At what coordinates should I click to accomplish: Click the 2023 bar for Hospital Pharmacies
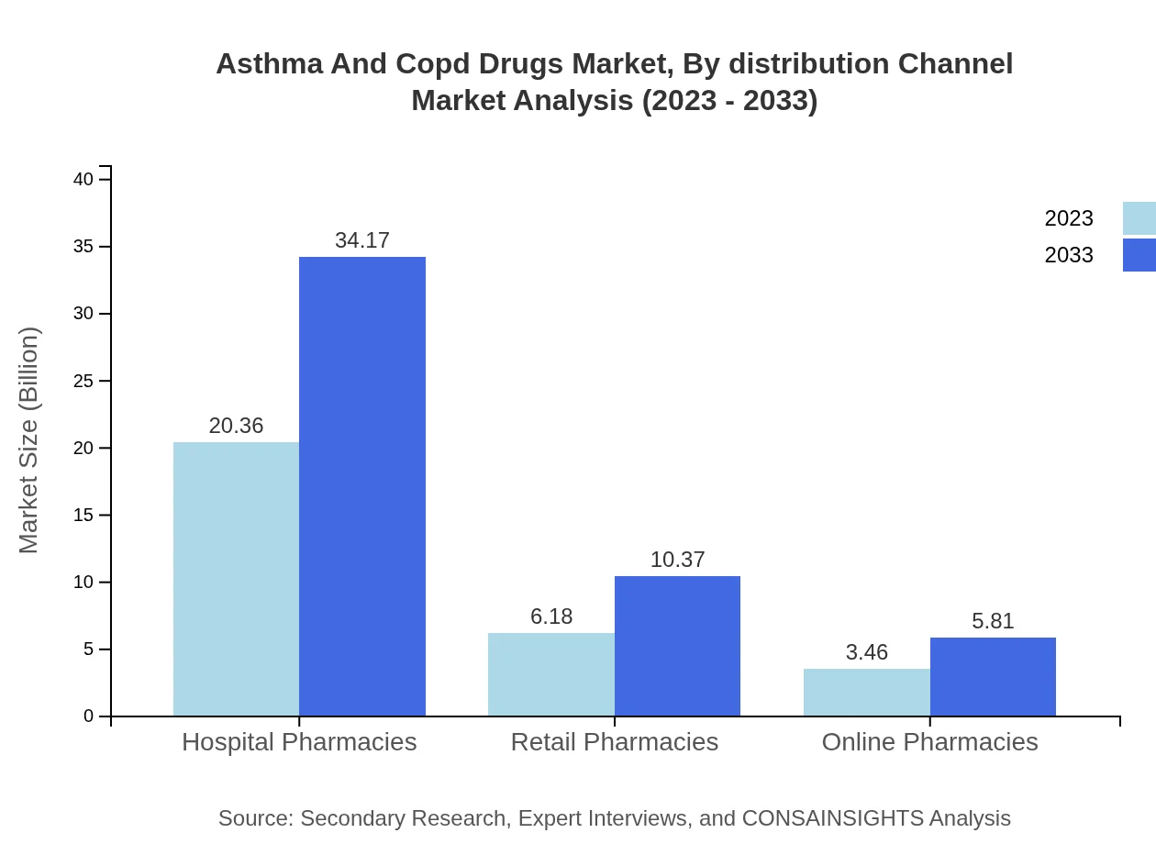tap(236, 579)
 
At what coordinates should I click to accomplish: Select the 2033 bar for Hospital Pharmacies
tap(362, 486)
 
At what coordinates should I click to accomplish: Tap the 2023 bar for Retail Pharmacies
tap(550, 674)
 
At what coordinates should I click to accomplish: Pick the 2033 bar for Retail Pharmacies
tap(677, 646)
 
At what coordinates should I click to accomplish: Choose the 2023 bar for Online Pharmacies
tap(866, 693)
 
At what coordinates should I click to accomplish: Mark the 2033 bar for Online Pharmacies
tap(993, 677)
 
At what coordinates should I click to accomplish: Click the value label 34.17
tap(362, 240)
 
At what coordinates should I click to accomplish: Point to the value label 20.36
tap(236, 426)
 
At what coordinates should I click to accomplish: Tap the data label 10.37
tap(677, 560)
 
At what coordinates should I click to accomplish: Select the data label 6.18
tap(550, 616)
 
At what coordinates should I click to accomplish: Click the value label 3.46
tap(866, 652)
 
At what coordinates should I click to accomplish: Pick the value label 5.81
tap(993, 621)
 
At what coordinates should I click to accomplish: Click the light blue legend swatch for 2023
tap(1139, 218)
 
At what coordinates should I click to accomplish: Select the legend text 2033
tap(1069, 255)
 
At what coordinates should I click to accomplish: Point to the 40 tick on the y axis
tap(83, 179)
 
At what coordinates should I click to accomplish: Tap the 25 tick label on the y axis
tap(83, 381)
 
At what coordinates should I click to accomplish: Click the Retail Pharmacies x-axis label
tap(614, 741)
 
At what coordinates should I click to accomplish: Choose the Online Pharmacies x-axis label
tap(929, 741)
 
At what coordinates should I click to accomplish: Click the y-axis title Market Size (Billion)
tap(29, 440)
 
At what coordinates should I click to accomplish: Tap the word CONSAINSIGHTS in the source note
tap(832, 817)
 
